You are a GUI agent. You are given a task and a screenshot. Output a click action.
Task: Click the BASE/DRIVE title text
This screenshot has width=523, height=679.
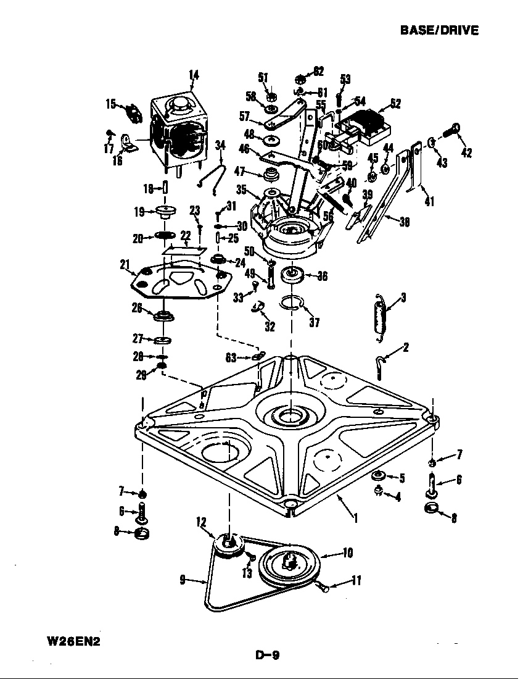pyautogui.click(x=439, y=30)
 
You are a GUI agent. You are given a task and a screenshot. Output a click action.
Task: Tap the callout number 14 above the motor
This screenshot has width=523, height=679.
pyautogui.click(x=194, y=75)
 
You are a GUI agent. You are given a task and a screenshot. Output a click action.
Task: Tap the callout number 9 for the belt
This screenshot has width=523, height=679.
pyautogui.click(x=183, y=580)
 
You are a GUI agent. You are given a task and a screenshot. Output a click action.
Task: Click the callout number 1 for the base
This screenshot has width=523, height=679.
pyautogui.click(x=355, y=517)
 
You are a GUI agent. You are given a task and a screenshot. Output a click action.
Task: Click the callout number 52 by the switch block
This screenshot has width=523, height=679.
pyautogui.click(x=395, y=104)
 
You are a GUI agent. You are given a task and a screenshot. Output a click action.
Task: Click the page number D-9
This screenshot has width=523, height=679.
pyautogui.click(x=267, y=656)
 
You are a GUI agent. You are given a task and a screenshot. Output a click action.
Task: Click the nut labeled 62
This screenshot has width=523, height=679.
pyautogui.click(x=300, y=78)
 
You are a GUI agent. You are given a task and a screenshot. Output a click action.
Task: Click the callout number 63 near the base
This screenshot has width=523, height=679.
pyautogui.click(x=231, y=357)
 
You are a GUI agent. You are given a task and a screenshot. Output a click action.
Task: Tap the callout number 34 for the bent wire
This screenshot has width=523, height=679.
pyautogui.click(x=220, y=145)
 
